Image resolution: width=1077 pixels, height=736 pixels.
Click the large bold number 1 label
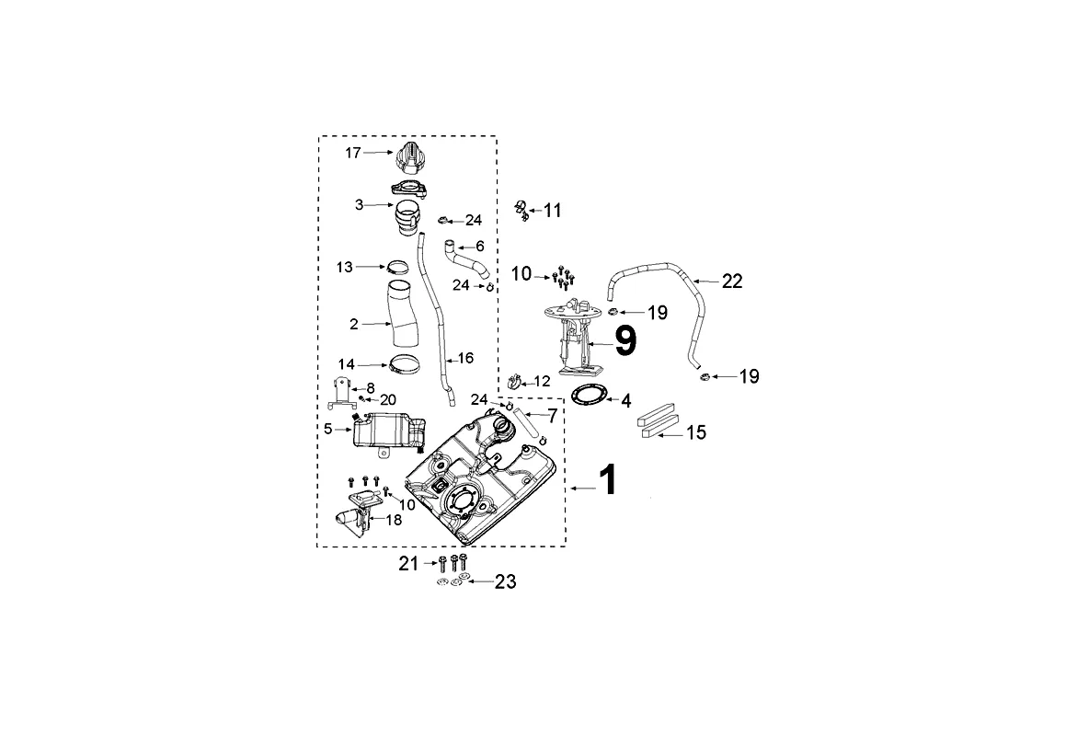point(607,480)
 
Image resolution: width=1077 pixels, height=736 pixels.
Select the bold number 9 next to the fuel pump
point(624,341)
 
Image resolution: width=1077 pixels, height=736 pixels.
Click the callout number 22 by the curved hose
point(732,281)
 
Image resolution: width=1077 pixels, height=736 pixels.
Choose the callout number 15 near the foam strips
point(696,431)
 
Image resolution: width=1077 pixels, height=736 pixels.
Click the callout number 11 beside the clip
point(552,211)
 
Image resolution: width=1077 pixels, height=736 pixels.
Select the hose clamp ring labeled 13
point(399,269)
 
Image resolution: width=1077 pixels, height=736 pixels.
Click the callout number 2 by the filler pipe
point(354,324)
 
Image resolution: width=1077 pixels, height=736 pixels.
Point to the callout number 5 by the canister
point(328,428)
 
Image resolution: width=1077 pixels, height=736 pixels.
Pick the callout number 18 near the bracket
point(393,520)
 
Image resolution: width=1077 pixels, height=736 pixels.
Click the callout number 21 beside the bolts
point(408,563)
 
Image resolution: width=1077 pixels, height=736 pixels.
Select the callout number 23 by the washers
point(505,581)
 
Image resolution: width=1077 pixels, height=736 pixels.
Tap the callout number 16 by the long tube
point(465,356)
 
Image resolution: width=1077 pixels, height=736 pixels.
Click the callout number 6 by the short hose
point(479,247)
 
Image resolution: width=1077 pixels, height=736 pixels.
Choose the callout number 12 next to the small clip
point(542,380)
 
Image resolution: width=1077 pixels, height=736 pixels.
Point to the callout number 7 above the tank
point(552,415)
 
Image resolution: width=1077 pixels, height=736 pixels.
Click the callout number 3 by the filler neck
point(360,205)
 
